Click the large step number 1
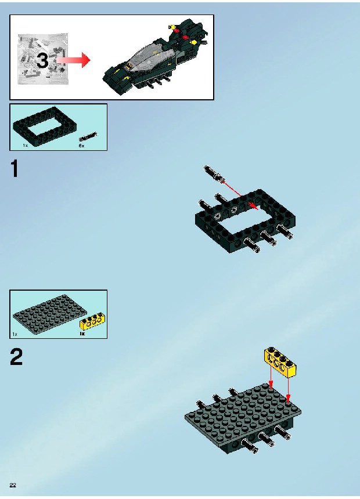point(15,169)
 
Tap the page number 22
point(13,485)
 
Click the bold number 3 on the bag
point(42,60)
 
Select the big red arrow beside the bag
point(73,60)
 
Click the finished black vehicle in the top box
point(155,56)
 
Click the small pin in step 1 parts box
point(88,137)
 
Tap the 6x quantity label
point(81,146)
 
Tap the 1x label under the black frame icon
point(26,145)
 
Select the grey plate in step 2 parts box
point(51,314)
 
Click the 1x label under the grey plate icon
point(15,334)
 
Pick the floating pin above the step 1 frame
point(213,173)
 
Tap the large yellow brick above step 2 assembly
point(280,362)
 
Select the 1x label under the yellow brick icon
point(82,334)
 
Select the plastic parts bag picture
point(43,59)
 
